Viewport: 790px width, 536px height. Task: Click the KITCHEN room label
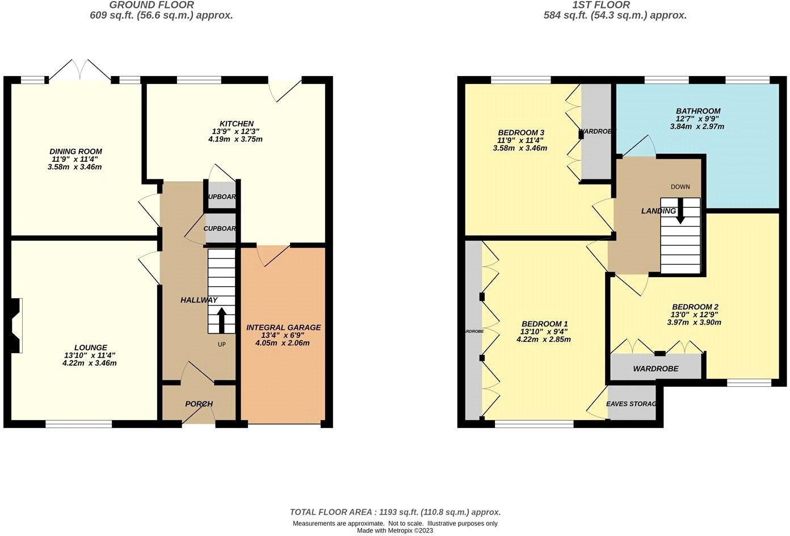pyautogui.click(x=237, y=124)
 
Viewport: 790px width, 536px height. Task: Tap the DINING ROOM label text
pyautogui.click(x=75, y=152)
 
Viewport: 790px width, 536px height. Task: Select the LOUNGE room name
pyautogui.click(x=90, y=347)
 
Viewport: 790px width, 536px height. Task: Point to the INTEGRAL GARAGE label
pyautogui.click(x=283, y=328)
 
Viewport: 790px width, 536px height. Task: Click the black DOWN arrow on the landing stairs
pyautogui.click(x=680, y=211)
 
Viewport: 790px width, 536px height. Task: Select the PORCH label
pyautogui.click(x=199, y=404)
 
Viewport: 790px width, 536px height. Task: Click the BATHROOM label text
pyautogui.click(x=698, y=111)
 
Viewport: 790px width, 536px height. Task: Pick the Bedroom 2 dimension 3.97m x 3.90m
pyautogui.click(x=694, y=323)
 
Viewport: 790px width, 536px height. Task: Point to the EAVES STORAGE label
pyautogui.click(x=631, y=404)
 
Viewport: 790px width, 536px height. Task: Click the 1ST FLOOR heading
pyautogui.click(x=601, y=5)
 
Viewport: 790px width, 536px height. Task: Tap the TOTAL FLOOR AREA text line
pyautogui.click(x=395, y=512)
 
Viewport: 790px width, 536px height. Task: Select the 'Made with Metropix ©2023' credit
pyautogui.click(x=395, y=530)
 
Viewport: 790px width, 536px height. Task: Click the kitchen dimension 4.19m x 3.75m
pyautogui.click(x=237, y=139)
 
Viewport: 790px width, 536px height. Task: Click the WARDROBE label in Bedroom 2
pyautogui.click(x=655, y=368)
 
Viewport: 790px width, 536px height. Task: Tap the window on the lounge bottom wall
pyautogui.click(x=79, y=423)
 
